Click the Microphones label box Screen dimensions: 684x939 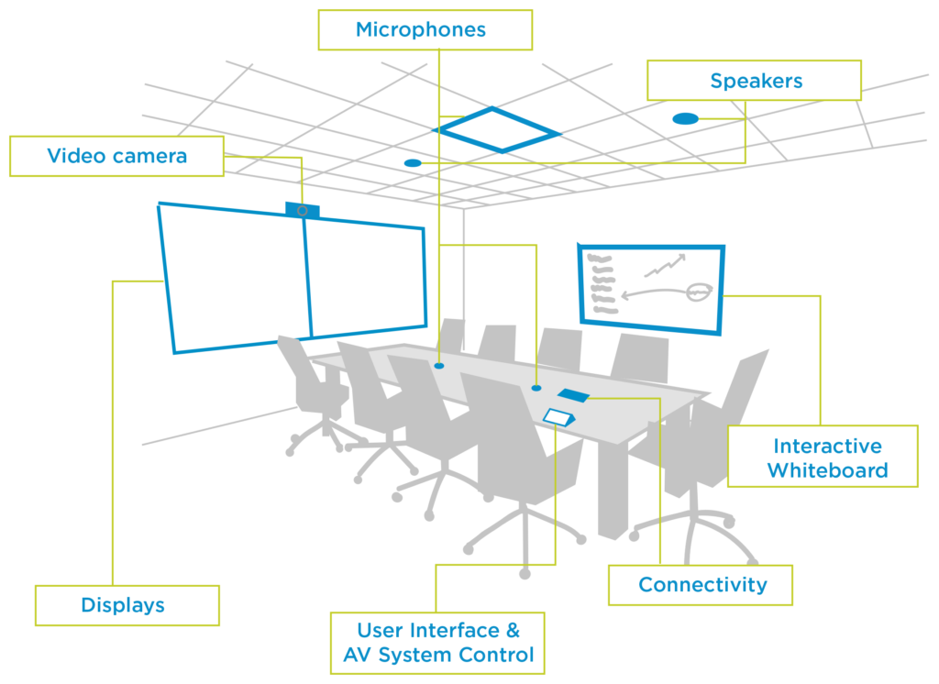(425, 29)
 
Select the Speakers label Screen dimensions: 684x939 (754, 81)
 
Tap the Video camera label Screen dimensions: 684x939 (116, 156)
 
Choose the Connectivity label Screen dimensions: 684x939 (701, 585)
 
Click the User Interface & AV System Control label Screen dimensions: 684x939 (437, 643)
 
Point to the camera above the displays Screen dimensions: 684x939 (302, 210)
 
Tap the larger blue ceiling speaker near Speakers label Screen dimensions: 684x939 (684, 118)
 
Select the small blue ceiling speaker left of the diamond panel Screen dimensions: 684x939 (413, 163)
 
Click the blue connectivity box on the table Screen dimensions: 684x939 (573, 395)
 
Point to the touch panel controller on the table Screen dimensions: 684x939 (558, 416)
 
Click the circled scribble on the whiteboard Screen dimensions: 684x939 (698, 292)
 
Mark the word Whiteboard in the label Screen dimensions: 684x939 (827, 471)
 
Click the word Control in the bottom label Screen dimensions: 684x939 (498, 656)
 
